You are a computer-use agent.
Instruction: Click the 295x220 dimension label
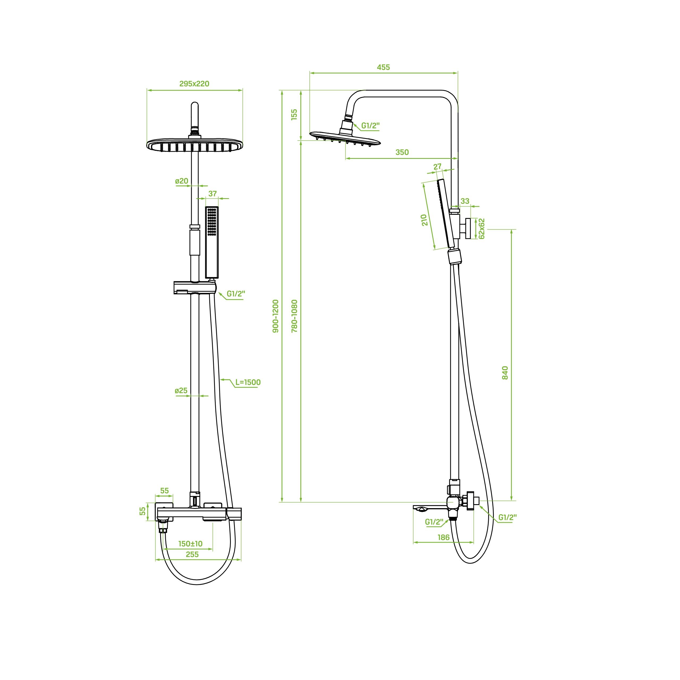point(194,84)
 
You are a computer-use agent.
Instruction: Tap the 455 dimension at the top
point(383,67)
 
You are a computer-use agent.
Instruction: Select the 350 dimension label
point(402,152)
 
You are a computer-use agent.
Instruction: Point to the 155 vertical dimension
point(294,114)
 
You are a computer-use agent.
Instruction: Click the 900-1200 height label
point(276,316)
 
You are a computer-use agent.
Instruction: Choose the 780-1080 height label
point(295,316)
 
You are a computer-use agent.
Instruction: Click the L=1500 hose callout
point(248,382)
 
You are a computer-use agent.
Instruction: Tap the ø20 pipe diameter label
point(182,181)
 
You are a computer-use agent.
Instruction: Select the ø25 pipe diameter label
point(181,391)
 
